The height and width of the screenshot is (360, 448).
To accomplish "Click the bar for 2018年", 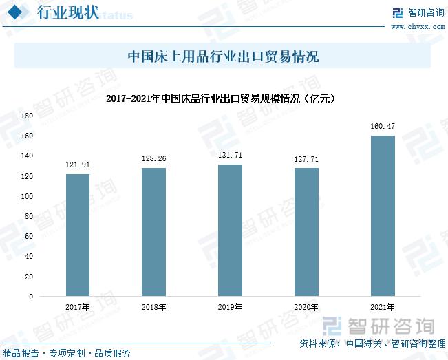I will tap(154, 232).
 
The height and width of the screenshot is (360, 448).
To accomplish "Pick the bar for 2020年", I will tap(306, 232).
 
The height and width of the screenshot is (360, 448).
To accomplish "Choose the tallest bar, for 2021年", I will tap(383, 215).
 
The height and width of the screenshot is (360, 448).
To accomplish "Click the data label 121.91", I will tap(78, 165).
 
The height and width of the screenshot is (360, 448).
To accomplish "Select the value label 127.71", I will tap(306, 159).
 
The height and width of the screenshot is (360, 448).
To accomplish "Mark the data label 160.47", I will tap(383, 126).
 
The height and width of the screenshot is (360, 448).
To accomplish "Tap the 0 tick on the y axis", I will tap(30, 297).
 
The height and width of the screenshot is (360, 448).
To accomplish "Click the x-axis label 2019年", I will tap(230, 307).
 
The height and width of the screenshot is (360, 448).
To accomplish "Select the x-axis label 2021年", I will tap(383, 307).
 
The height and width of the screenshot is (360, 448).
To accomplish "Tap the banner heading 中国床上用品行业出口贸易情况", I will tap(224, 56).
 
